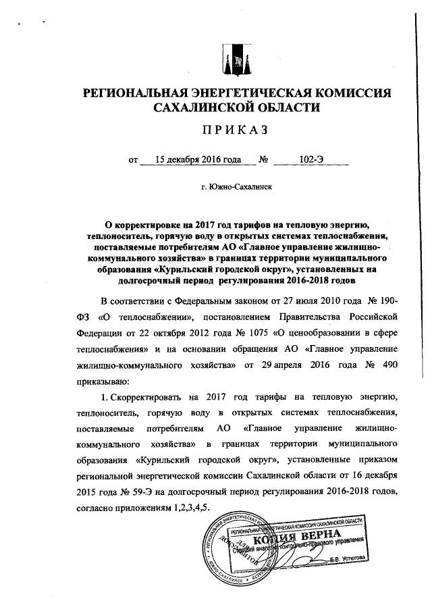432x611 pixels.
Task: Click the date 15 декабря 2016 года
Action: [x=198, y=160]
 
